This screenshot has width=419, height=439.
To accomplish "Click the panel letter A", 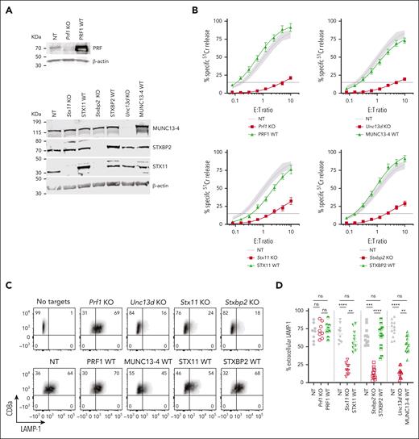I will click(x=6, y=6).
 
